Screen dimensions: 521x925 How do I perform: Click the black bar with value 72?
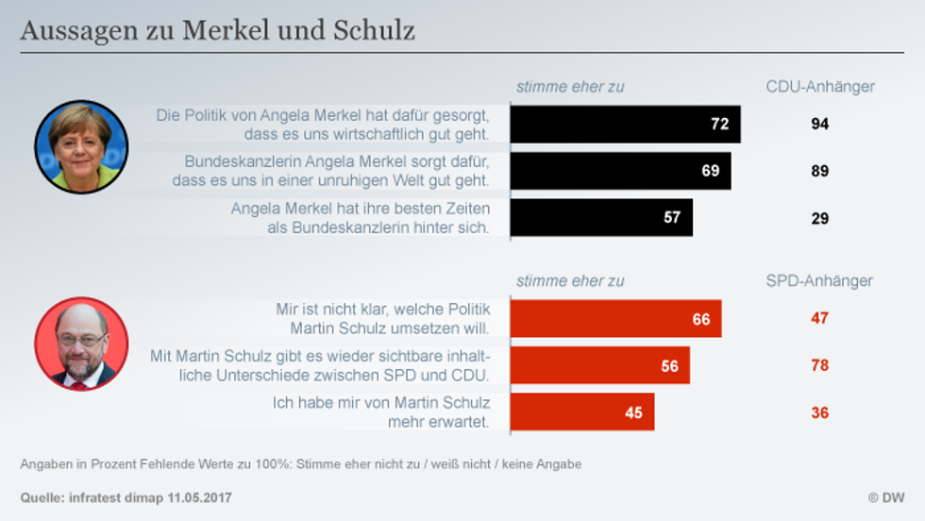tap(625, 124)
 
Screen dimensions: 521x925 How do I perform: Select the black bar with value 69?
tap(620, 171)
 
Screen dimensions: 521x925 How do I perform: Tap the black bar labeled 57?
tap(601, 217)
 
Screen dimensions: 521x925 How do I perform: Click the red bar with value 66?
tap(615, 319)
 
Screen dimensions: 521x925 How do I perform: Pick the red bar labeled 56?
tap(599, 365)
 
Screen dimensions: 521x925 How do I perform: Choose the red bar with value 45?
tap(581, 412)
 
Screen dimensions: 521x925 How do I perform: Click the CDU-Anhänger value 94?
tap(819, 124)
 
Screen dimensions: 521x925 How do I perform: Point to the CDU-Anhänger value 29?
tap(819, 218)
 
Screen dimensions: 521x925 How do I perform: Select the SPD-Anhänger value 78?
tap(819, 365)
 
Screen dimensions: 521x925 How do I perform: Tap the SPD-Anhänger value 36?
tap(819, 412)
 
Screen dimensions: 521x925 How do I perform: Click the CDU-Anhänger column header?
tap(819, 87)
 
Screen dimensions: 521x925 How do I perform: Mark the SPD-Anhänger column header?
tap(819, 280)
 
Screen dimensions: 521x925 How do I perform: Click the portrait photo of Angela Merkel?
tap(81, 147)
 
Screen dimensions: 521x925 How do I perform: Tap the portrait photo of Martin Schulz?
tap(81, 344)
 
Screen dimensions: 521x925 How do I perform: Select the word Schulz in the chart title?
tap(374, 31)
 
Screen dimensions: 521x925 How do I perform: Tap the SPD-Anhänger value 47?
tap(819, 318)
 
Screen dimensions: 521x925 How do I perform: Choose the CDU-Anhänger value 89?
tap(819, 171)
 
